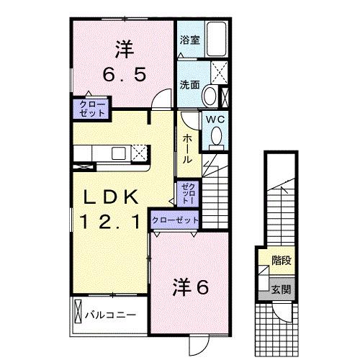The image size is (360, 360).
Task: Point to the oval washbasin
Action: (210, 95)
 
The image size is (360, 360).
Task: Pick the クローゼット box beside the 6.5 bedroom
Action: (88, 109)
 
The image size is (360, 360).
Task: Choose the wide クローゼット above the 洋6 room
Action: (175, 219)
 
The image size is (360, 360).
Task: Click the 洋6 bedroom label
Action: (190, 288)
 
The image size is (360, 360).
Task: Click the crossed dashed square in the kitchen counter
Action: (139, 152)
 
